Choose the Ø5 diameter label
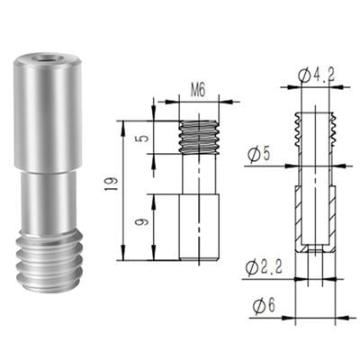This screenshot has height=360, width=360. coord(260,154)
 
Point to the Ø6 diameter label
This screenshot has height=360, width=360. coord(261,307)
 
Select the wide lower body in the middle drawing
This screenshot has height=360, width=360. coord(199,225)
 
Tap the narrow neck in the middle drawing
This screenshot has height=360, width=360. coord(199,175)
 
